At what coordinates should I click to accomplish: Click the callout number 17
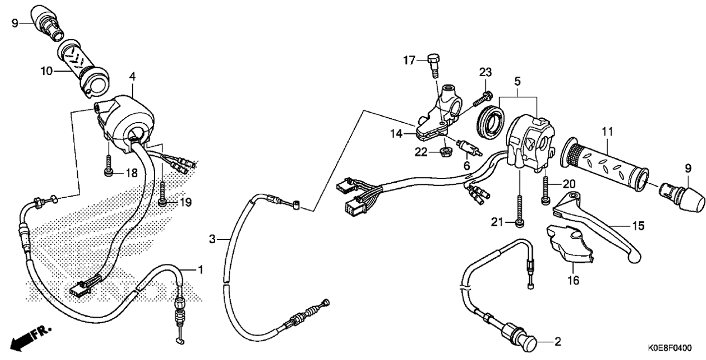409,60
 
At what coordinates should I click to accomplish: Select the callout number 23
485,72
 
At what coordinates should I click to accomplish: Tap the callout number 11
607,132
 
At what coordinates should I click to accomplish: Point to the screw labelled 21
519,211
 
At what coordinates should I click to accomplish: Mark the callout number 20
569,184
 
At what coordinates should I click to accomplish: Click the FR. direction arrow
31,339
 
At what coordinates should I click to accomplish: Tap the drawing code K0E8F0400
670,348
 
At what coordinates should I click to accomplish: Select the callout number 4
132,77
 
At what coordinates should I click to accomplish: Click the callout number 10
46,71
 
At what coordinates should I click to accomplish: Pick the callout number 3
212,239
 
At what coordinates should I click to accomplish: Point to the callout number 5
518,82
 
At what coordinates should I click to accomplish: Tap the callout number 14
396,134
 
